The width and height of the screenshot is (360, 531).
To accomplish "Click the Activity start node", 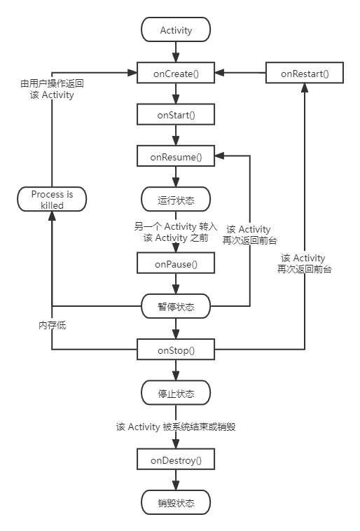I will pyautogui.click(x=176, y=30).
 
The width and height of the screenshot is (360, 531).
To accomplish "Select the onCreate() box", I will pyautogui.click(x=176, y=73).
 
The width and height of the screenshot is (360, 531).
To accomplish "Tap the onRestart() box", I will pyautogui.click(x=304, y=73).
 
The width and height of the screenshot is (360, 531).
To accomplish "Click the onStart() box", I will pyautogui.click(x=176, y=114).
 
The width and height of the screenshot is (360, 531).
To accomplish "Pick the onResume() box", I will pyautogui.click(x=176, y=157).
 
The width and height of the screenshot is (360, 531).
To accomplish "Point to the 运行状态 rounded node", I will pyautogui.click(x=176, y=200).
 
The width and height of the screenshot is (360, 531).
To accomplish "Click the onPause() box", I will pyautogui.click(x=176, y=263).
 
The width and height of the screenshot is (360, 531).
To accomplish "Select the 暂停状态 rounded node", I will pyautogui.click(x=176, y=306).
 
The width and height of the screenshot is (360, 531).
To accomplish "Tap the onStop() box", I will pyautogui.click(x=176, y=349).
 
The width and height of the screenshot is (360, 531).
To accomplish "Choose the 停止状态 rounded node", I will pyautogui.click(x=176, y=392).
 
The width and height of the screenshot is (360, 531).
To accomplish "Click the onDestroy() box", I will pyautogui.click(x=176, y=460).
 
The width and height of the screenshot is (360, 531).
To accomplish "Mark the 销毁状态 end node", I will pyautogui.click(x=176, y=503).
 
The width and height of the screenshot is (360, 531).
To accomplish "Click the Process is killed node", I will pyautogui.click(x=52, y=200).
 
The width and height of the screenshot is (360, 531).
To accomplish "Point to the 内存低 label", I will pyautogui.click(x=52, y=325).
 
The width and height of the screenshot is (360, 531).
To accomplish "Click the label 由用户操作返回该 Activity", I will pyautogui.click(x=52, y=89).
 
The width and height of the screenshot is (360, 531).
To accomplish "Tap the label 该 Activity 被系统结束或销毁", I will pyautogui.click(x=176, y=426).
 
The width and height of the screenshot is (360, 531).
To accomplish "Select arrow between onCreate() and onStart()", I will pyautogui.click(x=176, y=93).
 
